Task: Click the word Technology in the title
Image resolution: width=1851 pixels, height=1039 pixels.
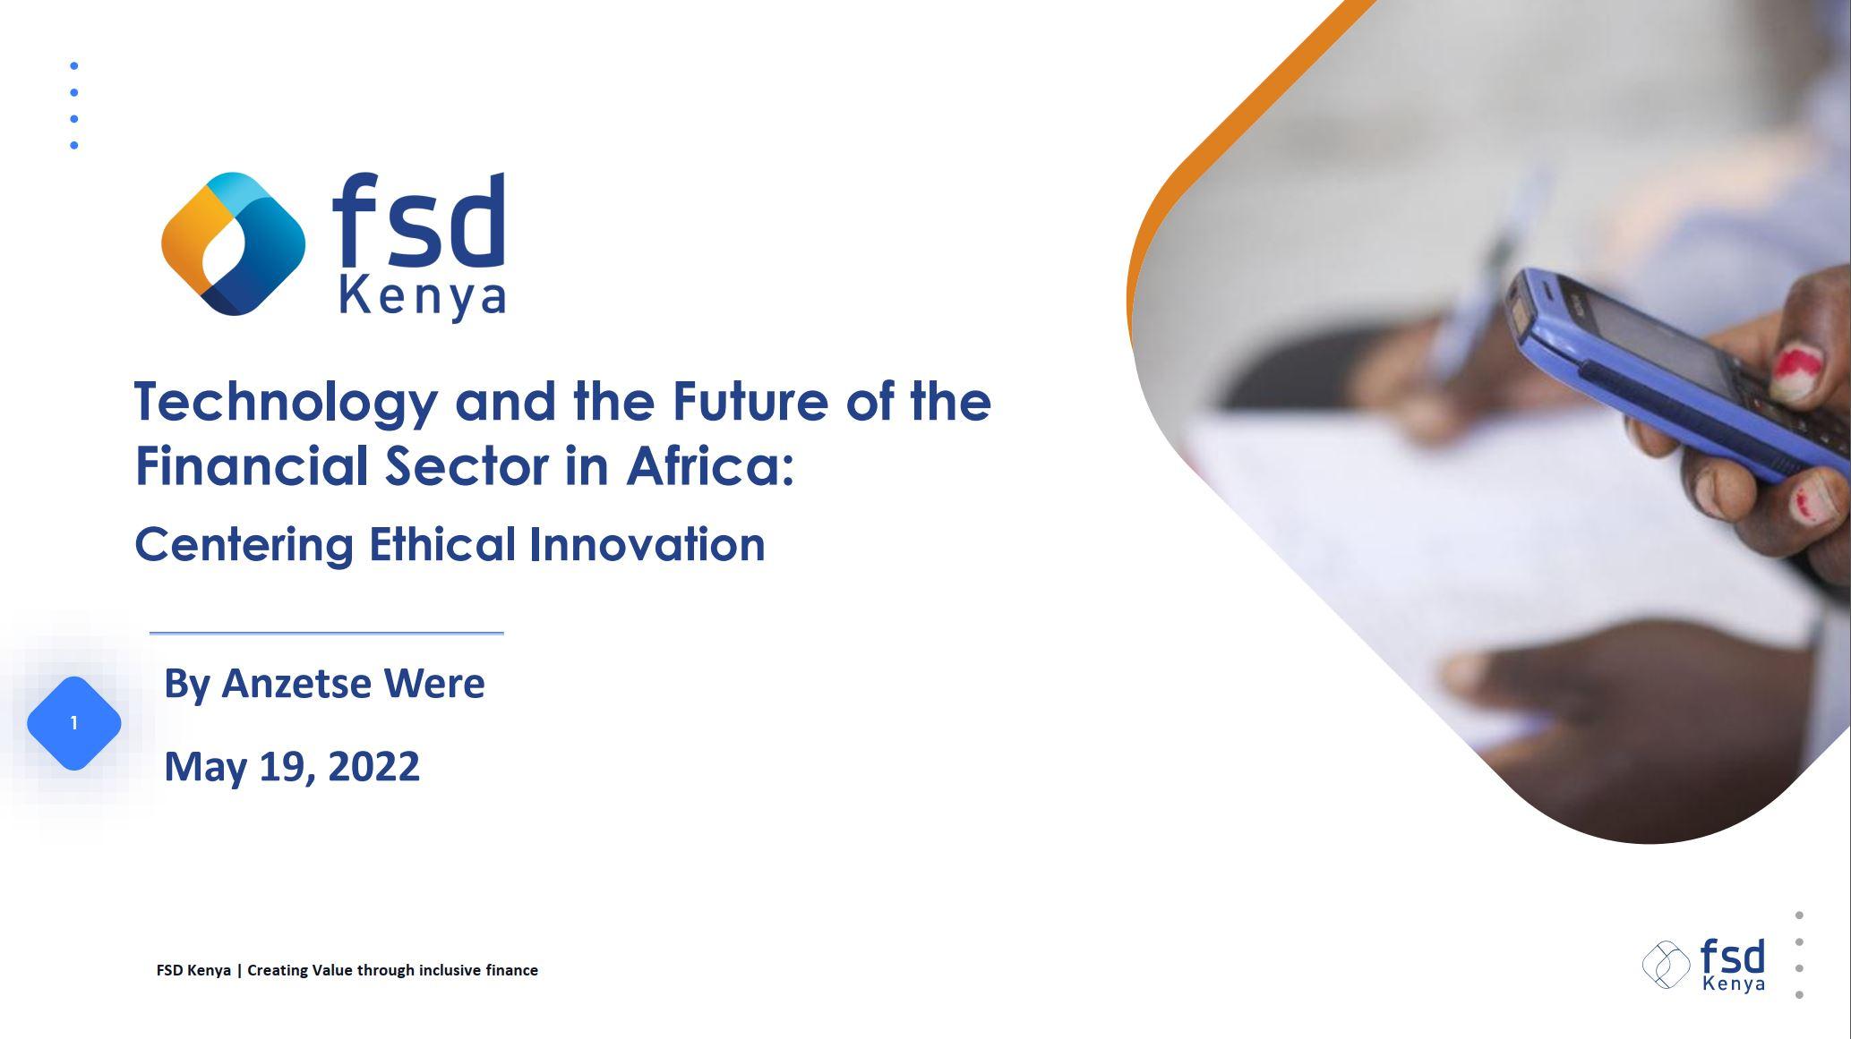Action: pyautogui.click(x=285, y=403)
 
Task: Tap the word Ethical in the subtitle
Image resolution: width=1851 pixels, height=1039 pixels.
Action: pyautogui.click(x=442, y=544)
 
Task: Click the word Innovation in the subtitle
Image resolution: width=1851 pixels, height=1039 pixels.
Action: pyautogui.click(x=647, y=544)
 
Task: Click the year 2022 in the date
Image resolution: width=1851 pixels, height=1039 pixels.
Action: pyautogui.click(x=373, y=767)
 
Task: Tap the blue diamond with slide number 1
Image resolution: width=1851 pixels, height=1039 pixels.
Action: pyautogui.click(x=74, y=723)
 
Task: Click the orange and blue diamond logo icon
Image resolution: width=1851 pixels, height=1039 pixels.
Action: pyautogui.click(x=233, y=243)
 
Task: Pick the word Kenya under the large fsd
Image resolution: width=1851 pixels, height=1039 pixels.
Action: pyautogui.click(x=423, y=297)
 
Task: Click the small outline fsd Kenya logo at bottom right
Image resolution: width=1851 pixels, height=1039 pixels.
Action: pyautogui.click(x=1703, y=965)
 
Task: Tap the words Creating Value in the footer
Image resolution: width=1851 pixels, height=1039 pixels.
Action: pyautogui.click(x=299, y=970)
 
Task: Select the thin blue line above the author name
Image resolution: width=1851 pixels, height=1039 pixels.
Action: pyautogui.click(x=326, y=633)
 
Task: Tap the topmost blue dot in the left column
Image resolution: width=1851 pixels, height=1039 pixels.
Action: pyautogui.click(x=74, y=65)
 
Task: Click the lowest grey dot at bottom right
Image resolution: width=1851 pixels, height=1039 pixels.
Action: pyautogui.click(x=1799, y=994)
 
